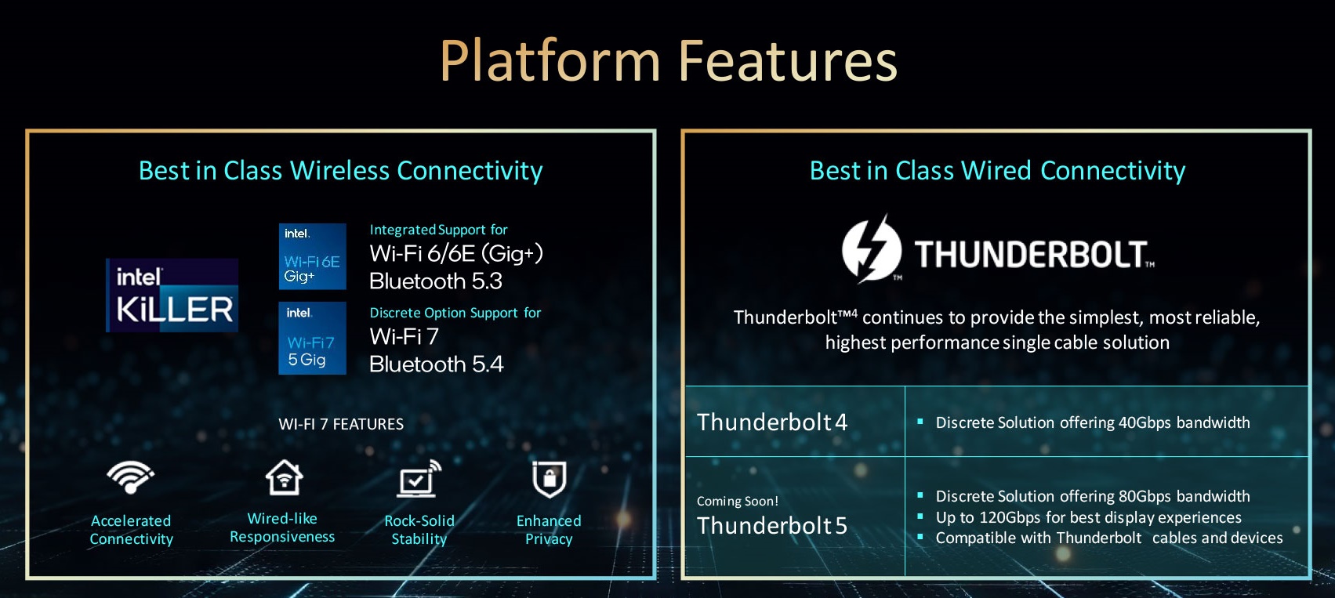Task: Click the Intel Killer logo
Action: tap(172, 295)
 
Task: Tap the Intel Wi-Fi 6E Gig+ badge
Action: tap(312, 256)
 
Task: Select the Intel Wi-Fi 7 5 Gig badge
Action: tap(312, 338)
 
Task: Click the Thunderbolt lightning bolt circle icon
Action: tap(872, 249)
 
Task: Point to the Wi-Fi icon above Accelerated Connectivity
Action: tap(130, 477)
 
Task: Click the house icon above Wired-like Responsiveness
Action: tap(284, 477)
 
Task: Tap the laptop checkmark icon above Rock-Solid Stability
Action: tap(419, 478)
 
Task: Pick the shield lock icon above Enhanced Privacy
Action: tap(549, 479)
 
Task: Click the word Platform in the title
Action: tap(550, 61)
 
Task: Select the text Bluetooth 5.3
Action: tap(436, 281)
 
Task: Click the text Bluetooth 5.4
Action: tap(437, 364)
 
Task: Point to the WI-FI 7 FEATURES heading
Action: tap(341, 424)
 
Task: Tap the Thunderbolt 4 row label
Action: tap(772, 422)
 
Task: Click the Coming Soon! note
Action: tap(737, 501)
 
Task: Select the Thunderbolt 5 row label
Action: tap(772, 525)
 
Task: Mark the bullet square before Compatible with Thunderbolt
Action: tap(920, 537)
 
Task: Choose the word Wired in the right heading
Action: tap(996, 170)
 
